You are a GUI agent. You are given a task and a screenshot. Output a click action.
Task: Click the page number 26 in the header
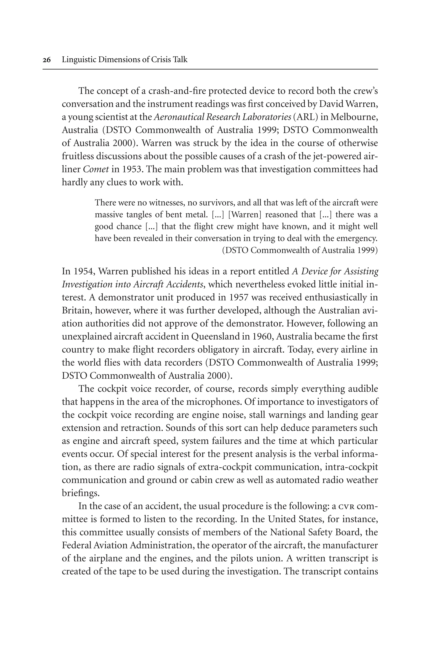[47, 60]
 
